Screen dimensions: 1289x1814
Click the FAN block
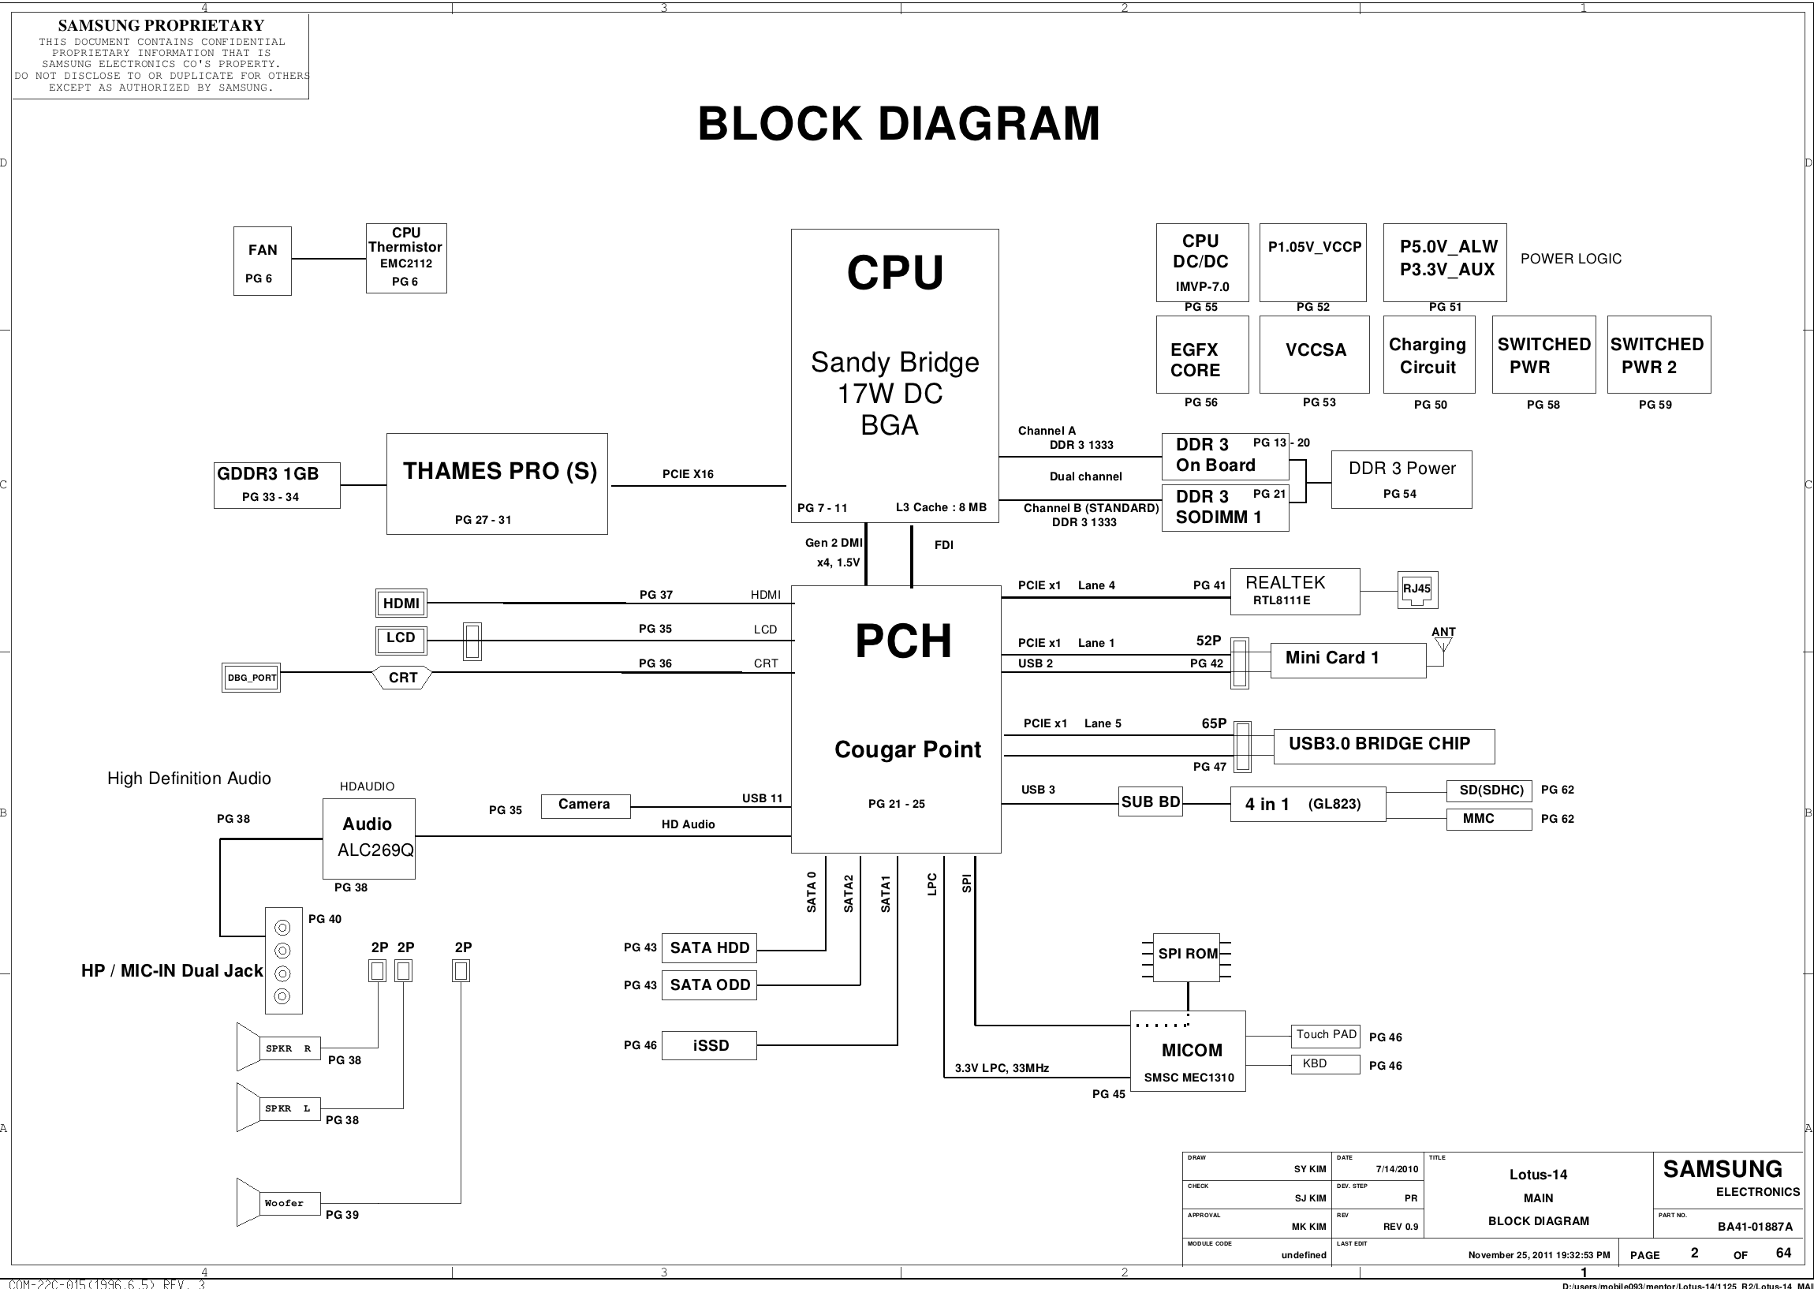(x=262, y=260)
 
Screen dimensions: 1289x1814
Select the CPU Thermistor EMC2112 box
(x=405, y=258)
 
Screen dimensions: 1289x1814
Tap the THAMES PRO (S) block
(x=497, y=484)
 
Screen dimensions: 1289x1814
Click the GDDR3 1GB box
(x=276, y=484)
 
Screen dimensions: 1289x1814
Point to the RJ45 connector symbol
(x=1416, y=590)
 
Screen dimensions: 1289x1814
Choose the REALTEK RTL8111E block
(x=1294, y=592)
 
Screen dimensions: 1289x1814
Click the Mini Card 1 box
(x=1347, y=659)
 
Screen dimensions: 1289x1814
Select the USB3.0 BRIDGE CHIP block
(x=1383, y=745)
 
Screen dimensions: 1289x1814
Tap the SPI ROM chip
(x=1187, y=956)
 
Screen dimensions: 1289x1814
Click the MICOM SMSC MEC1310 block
(x=1187, y=1051)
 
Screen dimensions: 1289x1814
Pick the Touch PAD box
(x=1325, y=1035)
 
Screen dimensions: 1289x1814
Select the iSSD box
(x=708, y=1045)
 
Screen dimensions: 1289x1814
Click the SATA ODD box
(x=708, y=985)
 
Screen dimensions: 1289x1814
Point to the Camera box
(x=585, y=805)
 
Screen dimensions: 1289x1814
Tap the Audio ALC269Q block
(x=368, y=839)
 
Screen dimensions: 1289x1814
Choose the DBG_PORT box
(x=251, y=678)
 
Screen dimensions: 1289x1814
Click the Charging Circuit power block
(x=1428, y=355)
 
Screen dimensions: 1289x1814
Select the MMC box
(x=1488, y=819)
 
